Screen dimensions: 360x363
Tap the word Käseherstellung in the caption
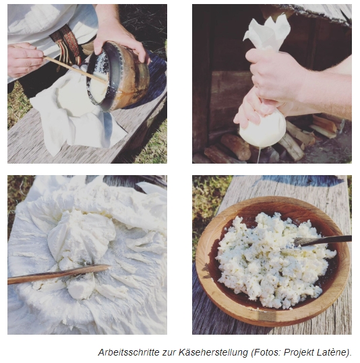pos(213,352)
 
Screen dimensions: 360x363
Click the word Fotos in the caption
pos(266,352)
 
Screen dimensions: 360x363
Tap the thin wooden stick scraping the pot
pos(76,69)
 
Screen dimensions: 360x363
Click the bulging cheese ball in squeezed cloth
pos(263,131)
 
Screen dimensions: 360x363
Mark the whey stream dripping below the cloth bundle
pos(259,155)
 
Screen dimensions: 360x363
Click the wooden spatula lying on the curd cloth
pos(58,274)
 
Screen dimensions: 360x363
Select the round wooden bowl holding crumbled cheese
pos(272,261)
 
